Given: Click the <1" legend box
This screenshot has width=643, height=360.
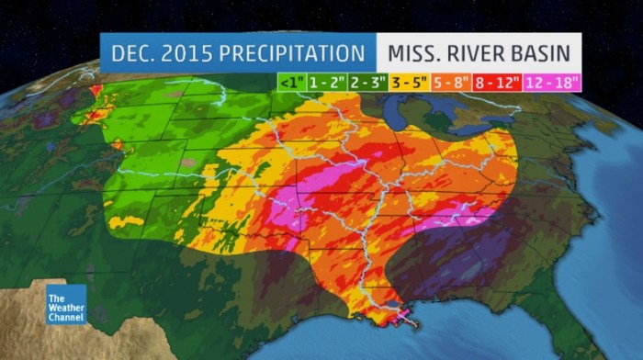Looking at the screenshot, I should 289,81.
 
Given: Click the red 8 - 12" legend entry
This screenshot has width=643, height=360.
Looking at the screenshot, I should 499,81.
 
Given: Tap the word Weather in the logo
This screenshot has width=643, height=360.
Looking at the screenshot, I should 68,307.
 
